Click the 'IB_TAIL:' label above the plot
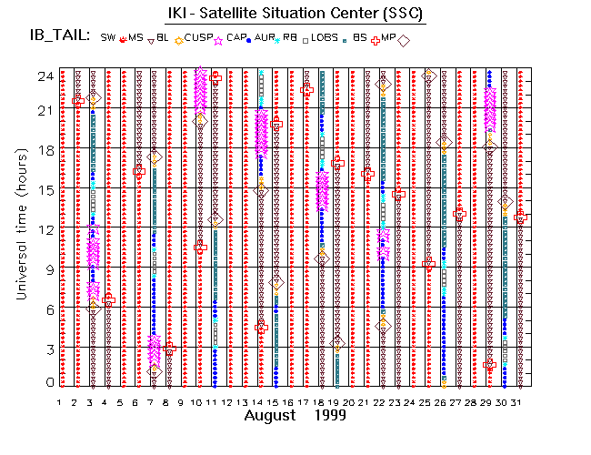(x=58, y=36)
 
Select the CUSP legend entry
(x=198, y=37)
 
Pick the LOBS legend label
(x=322, y=37)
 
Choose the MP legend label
(x=388, y=37)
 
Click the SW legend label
(x=108, y=37)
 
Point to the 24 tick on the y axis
(x=42, y=76)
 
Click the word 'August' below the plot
(x=270, y=415)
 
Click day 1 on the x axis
(x=60, y=401)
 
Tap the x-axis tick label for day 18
(x=320, y=401)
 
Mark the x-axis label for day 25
(x=427, y=401)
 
